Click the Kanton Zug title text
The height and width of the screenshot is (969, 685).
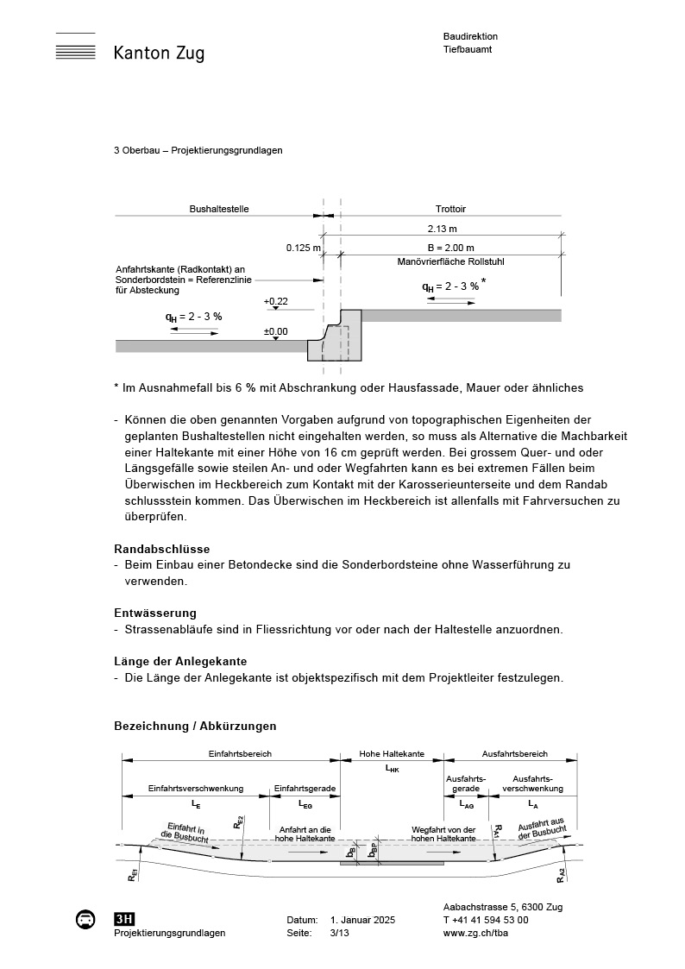pos(159,53)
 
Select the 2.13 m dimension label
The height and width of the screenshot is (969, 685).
pos(442,230)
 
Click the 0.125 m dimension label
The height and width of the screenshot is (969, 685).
pos(304,248)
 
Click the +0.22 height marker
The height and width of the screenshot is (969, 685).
pos(276,301)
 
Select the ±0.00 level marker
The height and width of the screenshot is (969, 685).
pos(276,330)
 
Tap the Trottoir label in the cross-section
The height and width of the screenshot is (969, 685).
pos(451,209)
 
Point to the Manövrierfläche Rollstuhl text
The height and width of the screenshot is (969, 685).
pos(450,261)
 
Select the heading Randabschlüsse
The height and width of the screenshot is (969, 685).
pos(162,549)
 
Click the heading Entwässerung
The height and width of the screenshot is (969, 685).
pos(155,613)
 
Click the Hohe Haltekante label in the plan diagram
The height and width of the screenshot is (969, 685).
pos(392,753)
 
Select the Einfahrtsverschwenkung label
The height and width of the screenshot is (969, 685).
pos(196,788)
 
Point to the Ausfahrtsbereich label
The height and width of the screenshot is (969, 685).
pos(514,753)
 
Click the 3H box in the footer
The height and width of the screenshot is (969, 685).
pos(124,919)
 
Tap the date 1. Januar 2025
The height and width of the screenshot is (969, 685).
pos(362,921)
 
